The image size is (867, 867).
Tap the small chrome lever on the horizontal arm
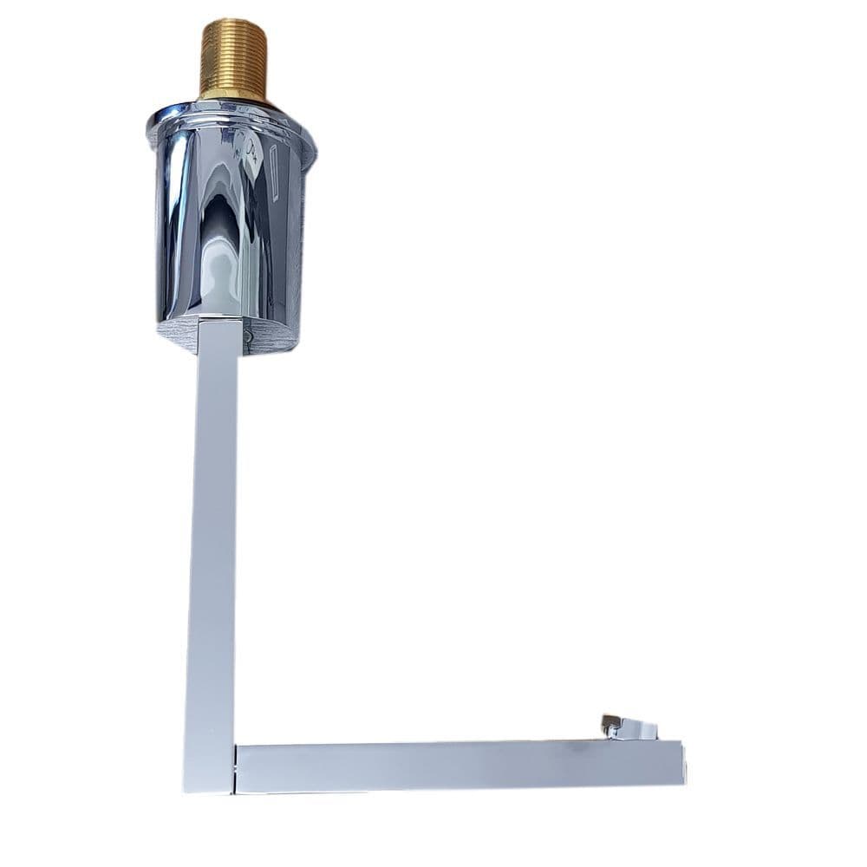pyautogui.click(x=629, y=728)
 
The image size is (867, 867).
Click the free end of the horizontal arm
pyautogui.click(x=681, y=763)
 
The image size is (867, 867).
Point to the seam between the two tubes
pyautogui.click(x=236, y=768)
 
